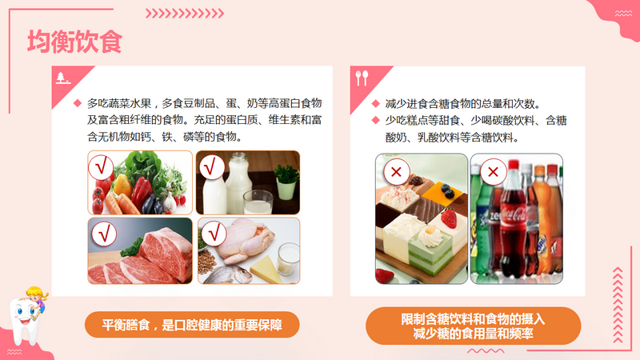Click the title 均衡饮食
click(x=74, y=42)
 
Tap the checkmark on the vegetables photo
click(x=101, y=167)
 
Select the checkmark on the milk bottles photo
click(x=212, y=167)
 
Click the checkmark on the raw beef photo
click(x=104, y=234)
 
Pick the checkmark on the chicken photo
click(x=214, y=234)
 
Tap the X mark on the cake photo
click(x=396, y=172)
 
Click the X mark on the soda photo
click(x=493, y=172)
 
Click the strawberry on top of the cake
click(x=449, y=218)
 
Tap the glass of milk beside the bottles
click(x=258, y=202)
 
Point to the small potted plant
click(x=286, y=182)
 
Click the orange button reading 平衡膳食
click(x=192, y=325)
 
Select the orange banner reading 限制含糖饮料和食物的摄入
click(x=473, y=326)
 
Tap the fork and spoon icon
click(x=362, y=78)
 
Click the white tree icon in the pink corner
click(x=62, y=78)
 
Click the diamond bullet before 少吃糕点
click(x=376, y=120)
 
